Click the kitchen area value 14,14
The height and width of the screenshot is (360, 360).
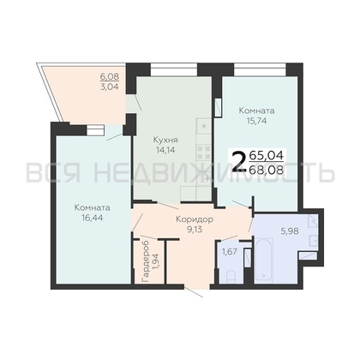[x=165, y=149]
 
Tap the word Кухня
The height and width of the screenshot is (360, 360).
[x=165, y=140]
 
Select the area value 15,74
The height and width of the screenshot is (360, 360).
[x=256, y=121]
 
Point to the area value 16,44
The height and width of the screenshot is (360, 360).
[x=92, y=218]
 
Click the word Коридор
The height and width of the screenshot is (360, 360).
[x=195, y=219]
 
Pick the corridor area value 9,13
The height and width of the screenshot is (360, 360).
[x=195, y=229]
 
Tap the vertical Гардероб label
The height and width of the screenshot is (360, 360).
[x=146, y=261]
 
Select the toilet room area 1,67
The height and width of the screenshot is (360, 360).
[x=231, y=253]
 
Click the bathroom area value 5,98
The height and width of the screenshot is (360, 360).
[x=290, y=231]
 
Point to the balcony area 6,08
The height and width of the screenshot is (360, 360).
[x=109, y=76]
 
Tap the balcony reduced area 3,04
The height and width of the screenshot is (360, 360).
[x=109, y=87]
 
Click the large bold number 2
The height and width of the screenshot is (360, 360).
[x=239, y=162]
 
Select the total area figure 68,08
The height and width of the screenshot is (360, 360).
[x=267, y=170]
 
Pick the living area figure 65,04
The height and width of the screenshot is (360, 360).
[x=267, y=156]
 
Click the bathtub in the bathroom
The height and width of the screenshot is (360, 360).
[x=263, y=261]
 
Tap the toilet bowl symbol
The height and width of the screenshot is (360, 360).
[x=231, y=277]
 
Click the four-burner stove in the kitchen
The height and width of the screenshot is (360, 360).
[x=204, y=153]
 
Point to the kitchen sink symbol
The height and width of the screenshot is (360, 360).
[x=204, y=126]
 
